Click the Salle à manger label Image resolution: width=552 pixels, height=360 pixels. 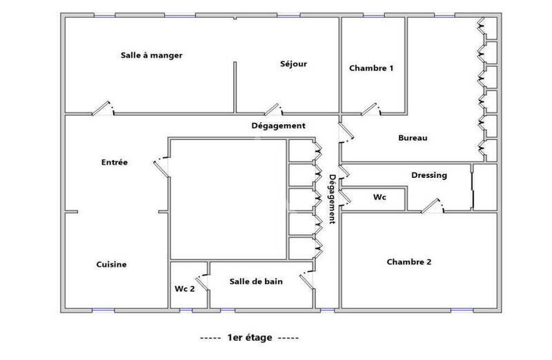click(151, 56)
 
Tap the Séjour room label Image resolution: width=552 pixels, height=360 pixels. click(293, 64)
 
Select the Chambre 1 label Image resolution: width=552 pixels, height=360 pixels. click(371, 68)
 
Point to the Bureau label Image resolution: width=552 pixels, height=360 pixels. click(413, 138)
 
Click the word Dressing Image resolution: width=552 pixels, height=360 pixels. click(429, 175)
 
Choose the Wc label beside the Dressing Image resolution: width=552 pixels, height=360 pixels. click(379, 197)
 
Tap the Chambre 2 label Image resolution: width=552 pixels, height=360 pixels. click(409, 262)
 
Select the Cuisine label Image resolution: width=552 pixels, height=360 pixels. click(111, 264)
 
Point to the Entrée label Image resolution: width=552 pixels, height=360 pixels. click(114, 163)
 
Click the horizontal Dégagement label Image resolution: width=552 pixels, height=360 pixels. click(278, 126)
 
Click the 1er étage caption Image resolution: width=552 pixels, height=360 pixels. click(248, 338)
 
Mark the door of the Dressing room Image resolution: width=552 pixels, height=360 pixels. click(431, 206)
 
